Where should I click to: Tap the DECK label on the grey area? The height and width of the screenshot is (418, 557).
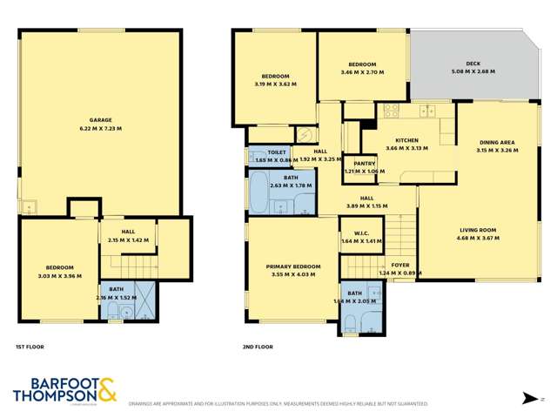click(473, 64)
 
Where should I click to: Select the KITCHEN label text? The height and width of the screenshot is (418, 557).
click(406, 140)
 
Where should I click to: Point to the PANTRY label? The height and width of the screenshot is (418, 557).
click(359, 163)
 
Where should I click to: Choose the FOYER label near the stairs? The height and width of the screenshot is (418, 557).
click(399, 265)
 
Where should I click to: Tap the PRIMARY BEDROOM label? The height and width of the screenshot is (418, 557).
click(292, 266)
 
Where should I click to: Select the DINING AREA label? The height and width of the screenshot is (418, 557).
click(498, 143)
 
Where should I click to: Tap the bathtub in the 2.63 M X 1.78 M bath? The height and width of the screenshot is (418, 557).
click(259, 193)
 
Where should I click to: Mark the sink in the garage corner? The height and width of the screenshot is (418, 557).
click(30, 207)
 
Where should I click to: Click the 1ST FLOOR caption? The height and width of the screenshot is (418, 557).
click(30, 347)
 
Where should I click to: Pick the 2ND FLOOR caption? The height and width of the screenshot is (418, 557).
click(258, 347)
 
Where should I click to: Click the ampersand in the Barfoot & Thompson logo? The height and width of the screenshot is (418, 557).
click(106, 389)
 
